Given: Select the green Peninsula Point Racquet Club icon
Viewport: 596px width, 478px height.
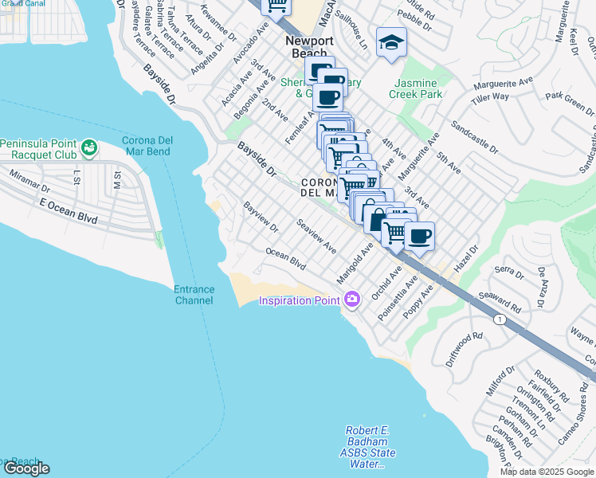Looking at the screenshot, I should tap(89, 147).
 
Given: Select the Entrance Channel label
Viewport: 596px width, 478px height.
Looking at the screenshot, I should tap(194, 295).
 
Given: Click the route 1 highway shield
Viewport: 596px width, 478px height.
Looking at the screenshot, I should tap(500, 319).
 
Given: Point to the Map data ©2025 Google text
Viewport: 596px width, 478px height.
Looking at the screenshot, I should tap(547, 472).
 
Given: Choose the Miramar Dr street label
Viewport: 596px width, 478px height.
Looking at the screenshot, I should tap(29, 180).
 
